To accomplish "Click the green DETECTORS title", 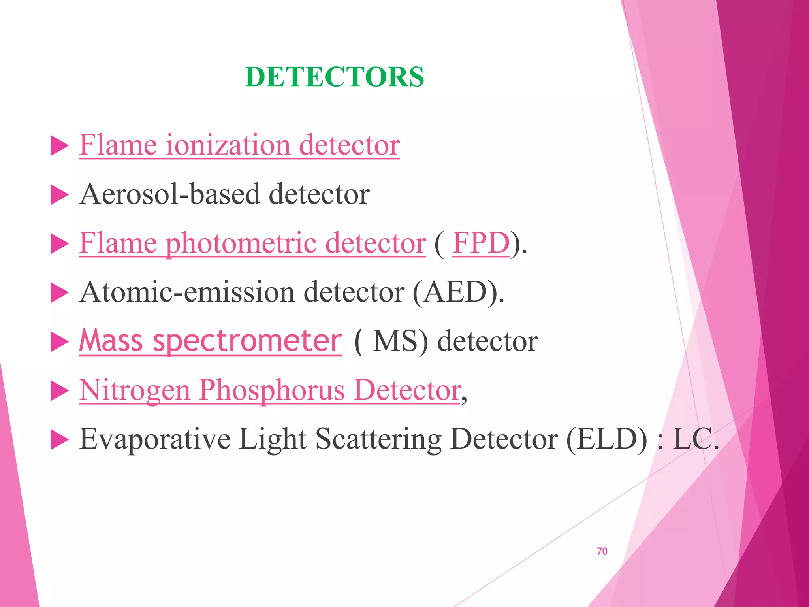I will click(334, 77).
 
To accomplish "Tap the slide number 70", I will click(602, 551).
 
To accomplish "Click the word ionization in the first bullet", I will click(228, 145).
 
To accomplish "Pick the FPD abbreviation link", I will click(481, 243).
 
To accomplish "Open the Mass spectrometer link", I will click(210, 341).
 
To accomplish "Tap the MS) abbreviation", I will click(400, 341).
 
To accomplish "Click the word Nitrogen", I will click(135, 390).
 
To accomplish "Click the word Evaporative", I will click(155, 439).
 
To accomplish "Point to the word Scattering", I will click(378, 439).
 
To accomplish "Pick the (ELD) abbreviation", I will click(607, 439).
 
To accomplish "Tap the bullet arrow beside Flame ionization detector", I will click(60, 147).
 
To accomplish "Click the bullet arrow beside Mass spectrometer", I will click(60, 342).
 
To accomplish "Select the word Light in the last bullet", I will click(273, 439).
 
